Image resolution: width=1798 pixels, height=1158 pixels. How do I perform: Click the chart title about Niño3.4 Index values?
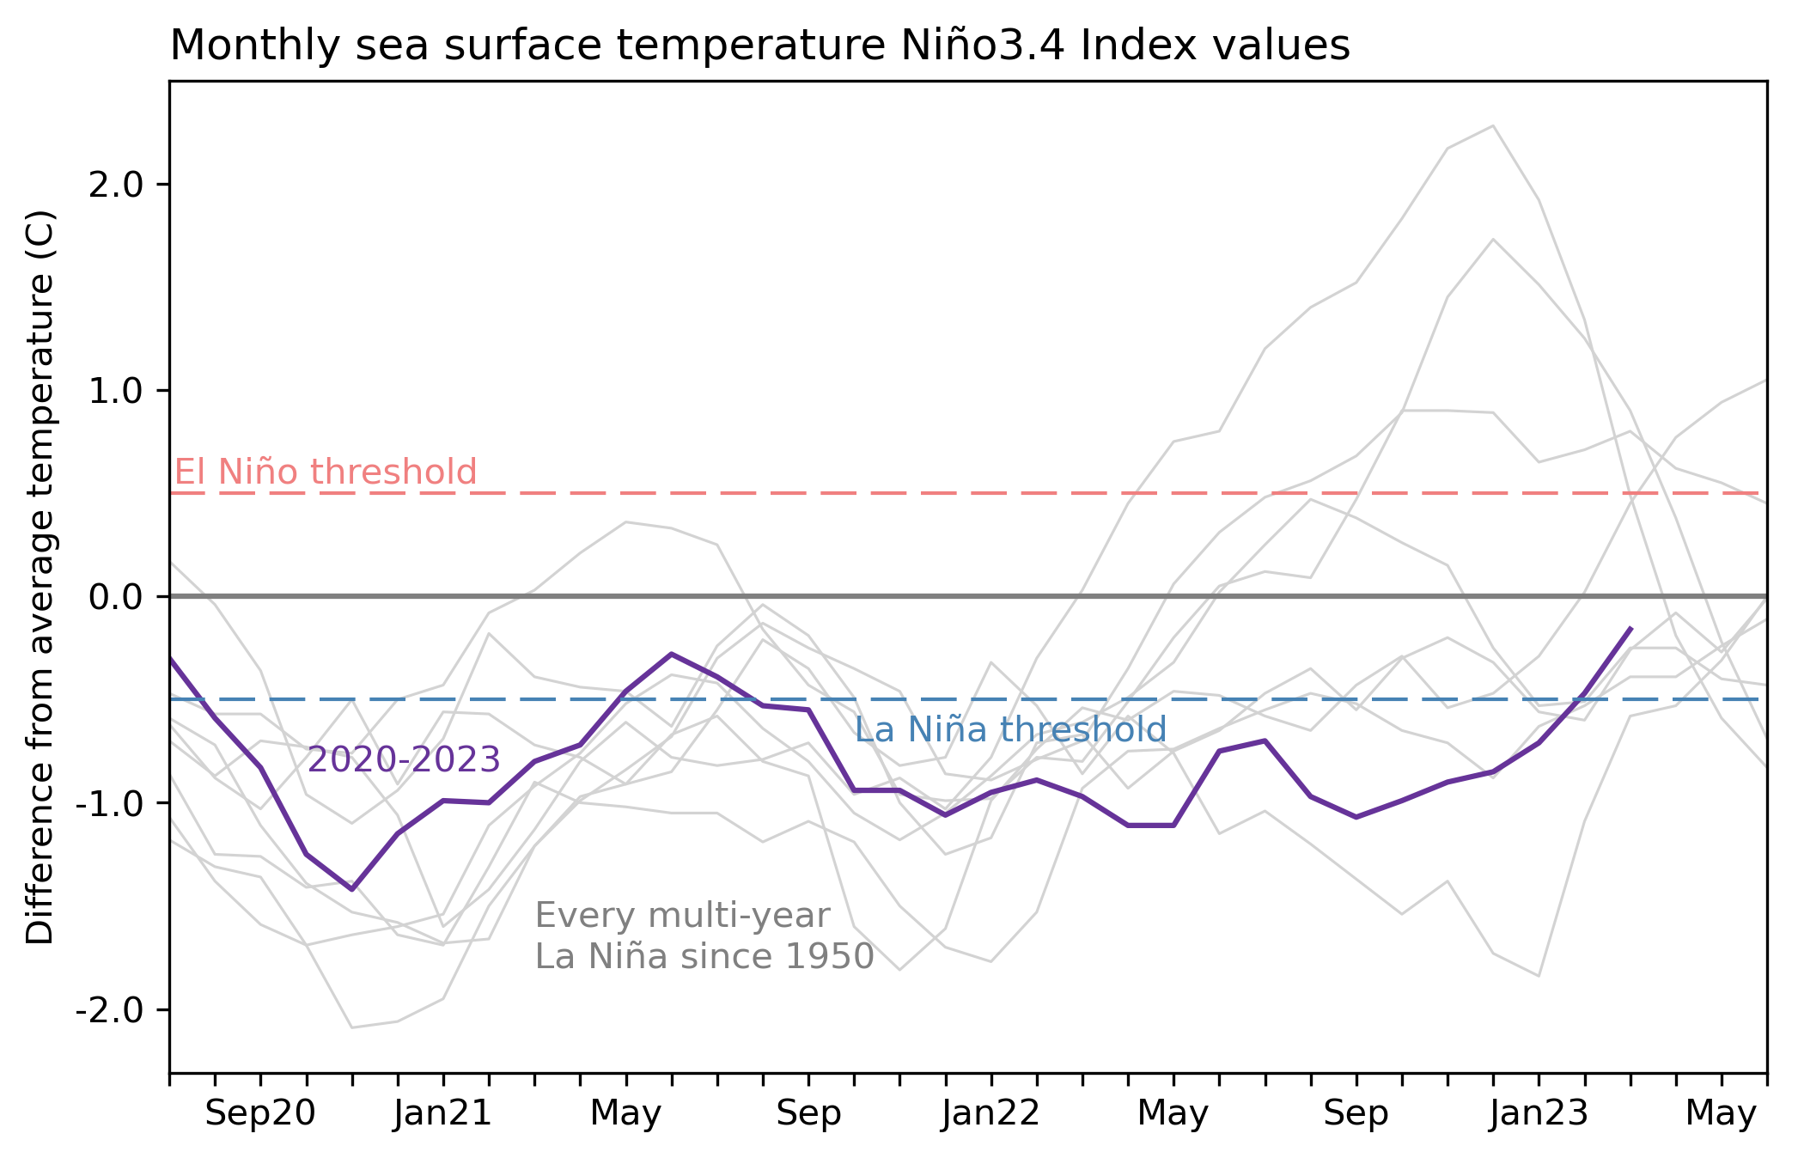[759, 46]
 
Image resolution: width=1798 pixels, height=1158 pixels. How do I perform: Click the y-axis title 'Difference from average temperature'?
[40, 577]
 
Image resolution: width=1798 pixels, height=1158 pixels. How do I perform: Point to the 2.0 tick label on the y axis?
[115, 185]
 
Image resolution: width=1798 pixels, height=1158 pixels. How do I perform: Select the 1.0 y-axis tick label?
[115, 391]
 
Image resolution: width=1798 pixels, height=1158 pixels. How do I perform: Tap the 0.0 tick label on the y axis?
[115, 597]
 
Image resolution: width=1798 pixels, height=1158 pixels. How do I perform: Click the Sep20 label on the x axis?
[260, 1114]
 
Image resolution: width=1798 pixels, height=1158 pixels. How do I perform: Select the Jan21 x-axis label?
[443, 1114]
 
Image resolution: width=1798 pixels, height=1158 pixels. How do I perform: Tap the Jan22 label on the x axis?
[991, 1114]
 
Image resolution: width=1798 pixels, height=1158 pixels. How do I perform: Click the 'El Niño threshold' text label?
[326, 472]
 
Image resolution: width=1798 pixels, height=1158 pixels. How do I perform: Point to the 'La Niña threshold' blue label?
[1010, 730]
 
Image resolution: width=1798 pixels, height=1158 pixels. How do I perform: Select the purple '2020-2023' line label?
[404, 760]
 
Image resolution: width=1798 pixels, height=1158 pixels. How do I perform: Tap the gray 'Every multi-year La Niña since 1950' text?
[704, 936]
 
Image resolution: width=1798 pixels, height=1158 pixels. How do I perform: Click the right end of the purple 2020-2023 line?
[1630, 629]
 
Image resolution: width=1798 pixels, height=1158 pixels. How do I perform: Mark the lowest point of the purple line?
[351, 889]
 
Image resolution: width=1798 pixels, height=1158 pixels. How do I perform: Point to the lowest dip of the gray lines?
[352, 1027]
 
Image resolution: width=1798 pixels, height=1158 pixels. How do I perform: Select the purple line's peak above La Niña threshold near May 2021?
[672, 654]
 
